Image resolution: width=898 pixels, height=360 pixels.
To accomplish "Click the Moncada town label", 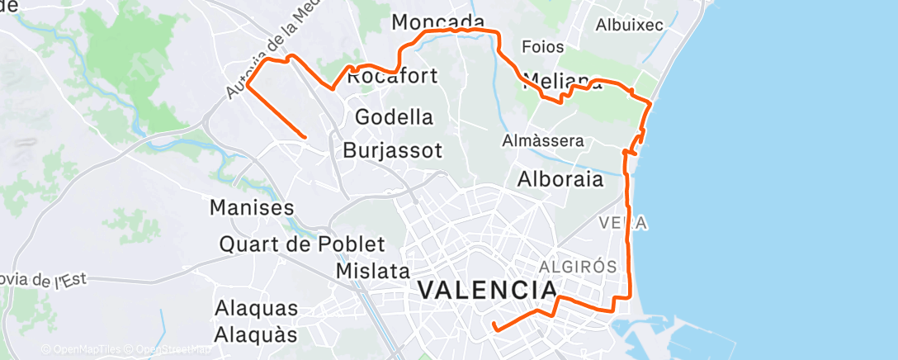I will point(437,21).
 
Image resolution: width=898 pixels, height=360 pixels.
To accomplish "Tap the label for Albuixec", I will point(630,25).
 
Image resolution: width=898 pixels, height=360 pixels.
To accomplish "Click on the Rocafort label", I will point(391,78).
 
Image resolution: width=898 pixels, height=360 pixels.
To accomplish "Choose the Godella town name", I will point(394,117).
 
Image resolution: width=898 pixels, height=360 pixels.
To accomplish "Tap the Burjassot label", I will point(392,151).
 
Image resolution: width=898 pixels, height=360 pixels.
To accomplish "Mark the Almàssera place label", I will point(542,141).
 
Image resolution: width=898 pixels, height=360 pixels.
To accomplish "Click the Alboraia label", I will point(560,178).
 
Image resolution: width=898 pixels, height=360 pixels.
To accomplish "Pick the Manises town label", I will point(253,207).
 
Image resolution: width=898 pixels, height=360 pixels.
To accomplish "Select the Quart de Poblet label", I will point(302,244).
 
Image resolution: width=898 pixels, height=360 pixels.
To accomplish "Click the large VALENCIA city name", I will point(487,291).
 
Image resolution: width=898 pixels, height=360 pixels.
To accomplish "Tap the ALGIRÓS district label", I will point(578,267).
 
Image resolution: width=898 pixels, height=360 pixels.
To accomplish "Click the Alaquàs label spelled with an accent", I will point(256,334).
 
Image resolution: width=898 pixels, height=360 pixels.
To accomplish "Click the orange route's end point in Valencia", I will point(494,329).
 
